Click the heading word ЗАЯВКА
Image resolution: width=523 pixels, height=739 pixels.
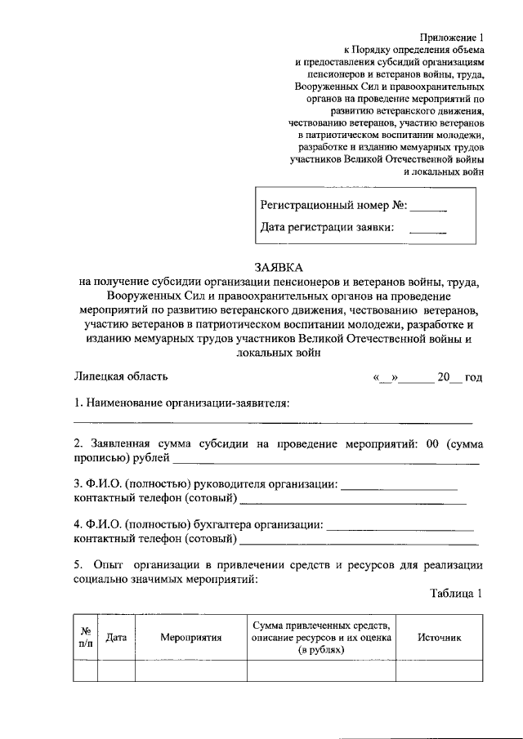(x=278, y=267)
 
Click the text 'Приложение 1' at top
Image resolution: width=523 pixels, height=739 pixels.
(x=452, y=36)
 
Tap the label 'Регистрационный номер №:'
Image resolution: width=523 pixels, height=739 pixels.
(x=333, y=205)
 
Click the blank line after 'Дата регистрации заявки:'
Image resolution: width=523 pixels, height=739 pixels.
(x=427, y=231)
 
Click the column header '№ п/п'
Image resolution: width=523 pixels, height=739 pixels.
(x=86, y=636)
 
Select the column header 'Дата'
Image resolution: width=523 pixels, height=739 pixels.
(x=116, y=637)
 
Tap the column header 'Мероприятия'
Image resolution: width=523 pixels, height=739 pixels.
(x=191, y=637)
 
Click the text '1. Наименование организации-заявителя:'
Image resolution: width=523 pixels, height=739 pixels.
(x=181, y=403)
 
